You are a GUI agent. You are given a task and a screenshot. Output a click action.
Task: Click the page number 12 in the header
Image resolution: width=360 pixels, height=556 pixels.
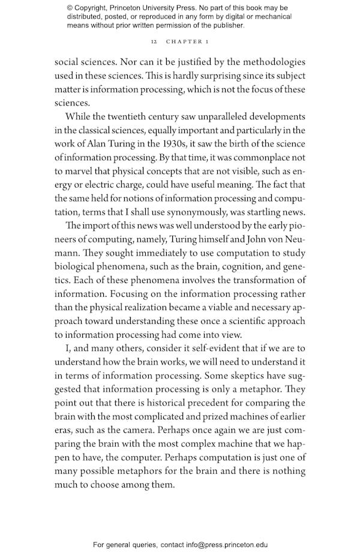point(154,43)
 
